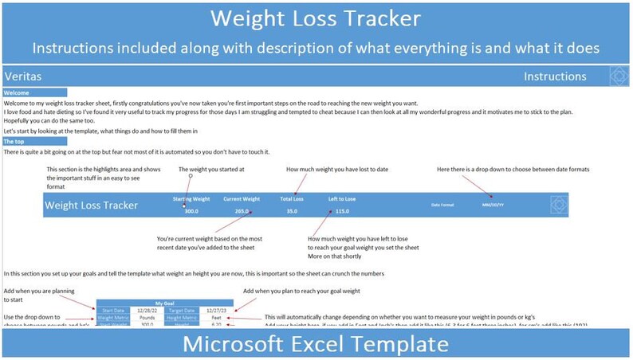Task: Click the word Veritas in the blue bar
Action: point(22,76)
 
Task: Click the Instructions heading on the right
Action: point(555,76)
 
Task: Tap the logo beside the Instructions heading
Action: point(619,76)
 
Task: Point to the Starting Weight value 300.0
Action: point(191,211)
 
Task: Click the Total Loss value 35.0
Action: point(292,211)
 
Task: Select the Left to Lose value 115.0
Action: point(342,211)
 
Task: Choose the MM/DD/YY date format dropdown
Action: point(492,205)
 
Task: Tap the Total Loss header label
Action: point(292,198)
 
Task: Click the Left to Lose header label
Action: point(342,198)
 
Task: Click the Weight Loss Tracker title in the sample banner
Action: point(92,205)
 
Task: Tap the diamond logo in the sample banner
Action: point(560,205)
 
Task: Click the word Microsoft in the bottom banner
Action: point(238,344)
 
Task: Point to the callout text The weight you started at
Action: point(211,170)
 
